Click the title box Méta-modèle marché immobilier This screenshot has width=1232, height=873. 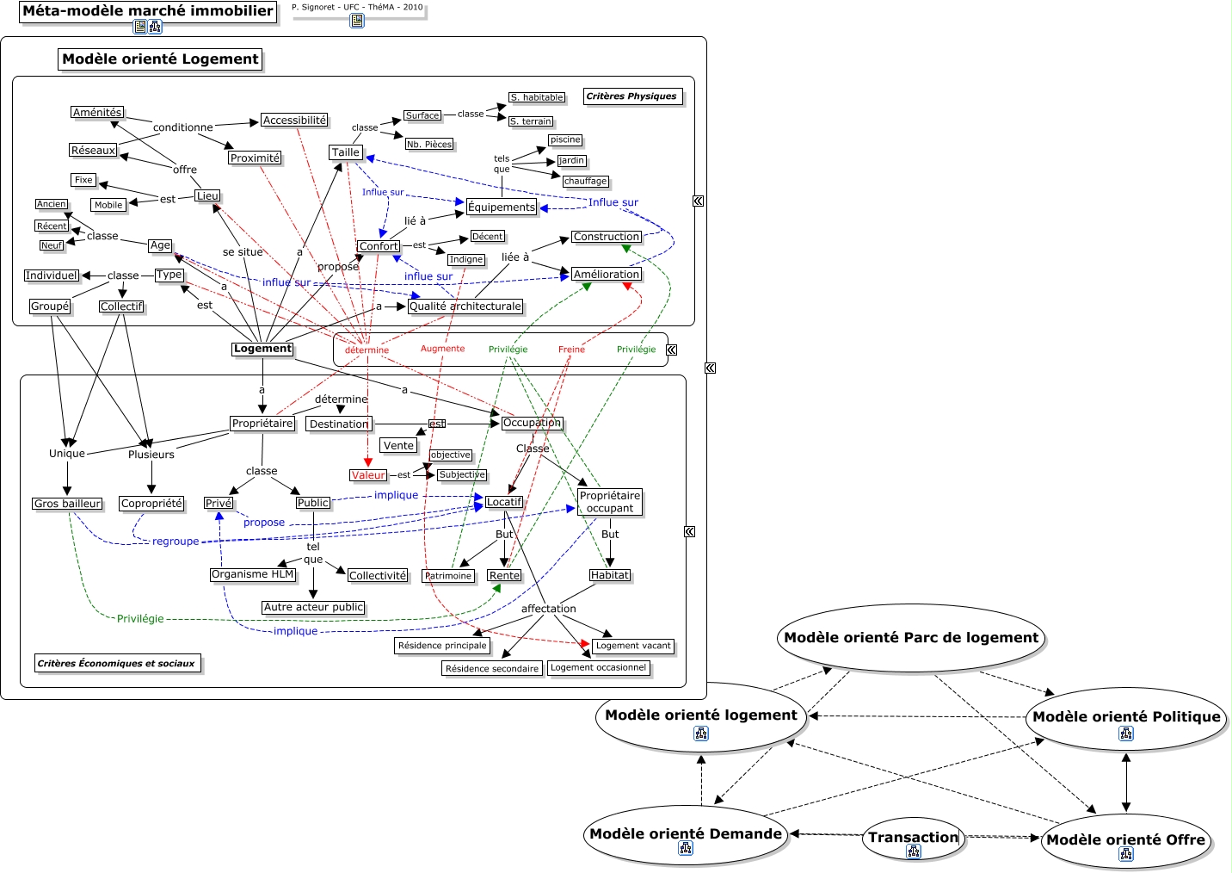[148, 11]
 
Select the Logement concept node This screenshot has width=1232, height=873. [262, 349]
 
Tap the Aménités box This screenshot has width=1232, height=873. [97, 112]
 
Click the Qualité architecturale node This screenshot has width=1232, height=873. [465, 306]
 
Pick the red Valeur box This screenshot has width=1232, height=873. [368, 475]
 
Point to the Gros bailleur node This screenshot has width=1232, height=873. [67, 504]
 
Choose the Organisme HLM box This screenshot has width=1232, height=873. [252, 574]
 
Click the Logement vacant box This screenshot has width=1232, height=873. [633, 646]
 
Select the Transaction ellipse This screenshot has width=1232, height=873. [913, 837]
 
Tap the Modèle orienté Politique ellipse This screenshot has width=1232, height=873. [1126, 716]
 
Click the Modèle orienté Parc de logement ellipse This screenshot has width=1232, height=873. [911, 638]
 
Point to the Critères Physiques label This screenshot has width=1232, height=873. [631, 96]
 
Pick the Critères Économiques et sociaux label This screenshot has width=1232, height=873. [116, 663]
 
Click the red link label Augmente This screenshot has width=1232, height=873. [442, 349]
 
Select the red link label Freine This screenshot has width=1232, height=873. [571, 350]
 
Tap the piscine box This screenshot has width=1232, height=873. [565, 139]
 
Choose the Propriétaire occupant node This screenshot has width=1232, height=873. [609, 502]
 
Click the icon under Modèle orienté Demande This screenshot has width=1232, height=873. [686, 848]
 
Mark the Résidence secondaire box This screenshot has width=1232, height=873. [492, 668]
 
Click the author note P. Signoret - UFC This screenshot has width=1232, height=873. [357, 7]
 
